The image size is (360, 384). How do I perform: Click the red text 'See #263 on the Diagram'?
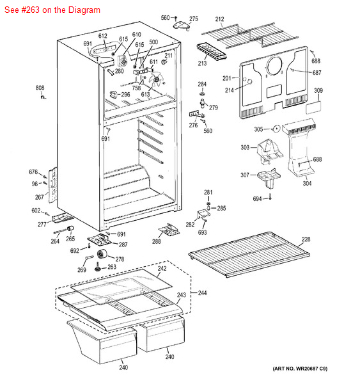tap(51, 10)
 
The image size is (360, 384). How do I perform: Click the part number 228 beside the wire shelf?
tap(306, 239)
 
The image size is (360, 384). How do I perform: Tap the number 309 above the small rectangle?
tap(318, 91)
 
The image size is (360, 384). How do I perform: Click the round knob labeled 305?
tap(276, 129)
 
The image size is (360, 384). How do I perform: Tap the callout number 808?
tap(40, 88)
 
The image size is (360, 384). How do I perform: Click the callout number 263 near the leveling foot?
tap(112, 268)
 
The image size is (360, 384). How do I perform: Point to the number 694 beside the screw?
tap(257, 199)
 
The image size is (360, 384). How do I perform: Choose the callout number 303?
tap(245, 148)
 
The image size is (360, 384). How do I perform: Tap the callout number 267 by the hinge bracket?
tap(40, 197)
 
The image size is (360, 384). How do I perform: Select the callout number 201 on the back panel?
tap(226, 78)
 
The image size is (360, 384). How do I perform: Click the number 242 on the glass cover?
tap(162, 269)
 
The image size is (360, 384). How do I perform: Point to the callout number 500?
tap(153, 42)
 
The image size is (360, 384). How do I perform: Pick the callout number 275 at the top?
tap(194, 19)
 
